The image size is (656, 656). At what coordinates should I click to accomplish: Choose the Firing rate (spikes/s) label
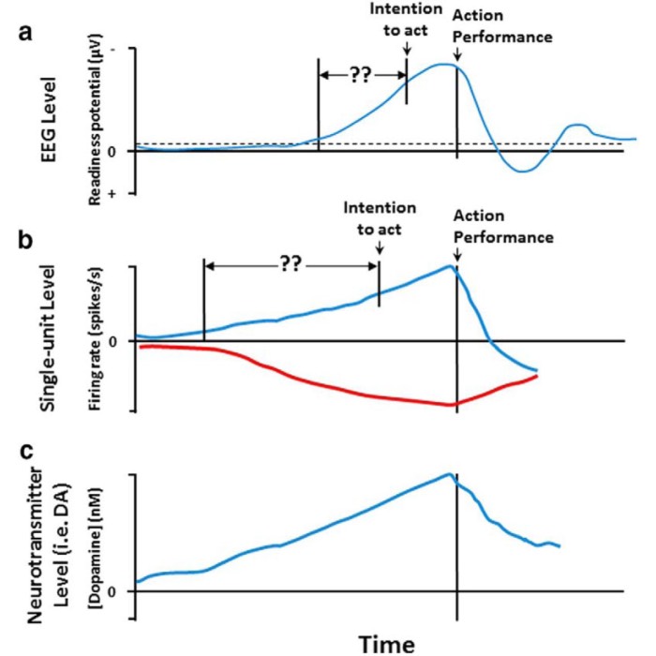click(96, 338)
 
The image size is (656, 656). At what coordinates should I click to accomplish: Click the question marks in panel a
click(361, 75)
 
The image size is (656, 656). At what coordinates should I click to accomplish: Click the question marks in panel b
click(291, 265)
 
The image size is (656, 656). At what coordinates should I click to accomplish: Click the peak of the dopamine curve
click(451, 474)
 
